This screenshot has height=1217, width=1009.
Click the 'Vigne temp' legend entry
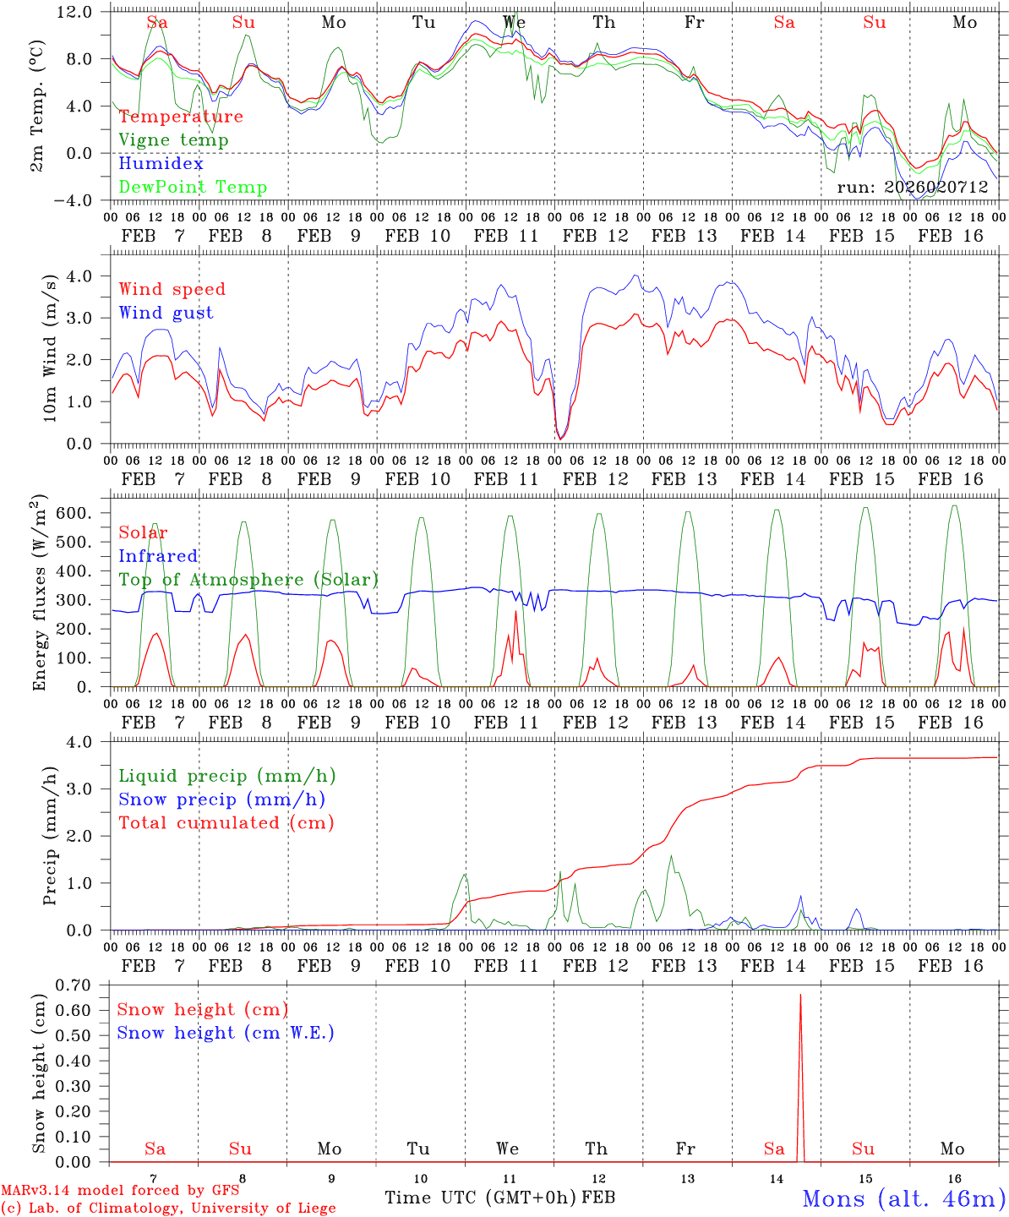point(173,140)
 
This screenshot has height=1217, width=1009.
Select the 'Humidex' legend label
point(161,164)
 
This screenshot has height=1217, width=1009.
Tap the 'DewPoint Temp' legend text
point(193,188)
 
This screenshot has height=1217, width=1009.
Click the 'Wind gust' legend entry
point(166,313)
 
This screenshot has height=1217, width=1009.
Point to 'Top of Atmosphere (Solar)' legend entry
point(248,580)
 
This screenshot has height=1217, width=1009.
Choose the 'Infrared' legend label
point(158,556)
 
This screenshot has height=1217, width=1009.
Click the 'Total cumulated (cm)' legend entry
point(226,823)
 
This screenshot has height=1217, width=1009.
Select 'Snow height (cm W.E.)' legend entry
point(226,1033)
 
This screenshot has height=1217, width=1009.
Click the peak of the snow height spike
point(800,995)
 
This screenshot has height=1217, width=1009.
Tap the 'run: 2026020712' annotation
point(913,188)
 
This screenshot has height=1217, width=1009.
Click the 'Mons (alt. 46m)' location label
point(903,1198)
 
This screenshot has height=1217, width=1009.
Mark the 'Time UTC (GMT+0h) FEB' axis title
point(499,1198)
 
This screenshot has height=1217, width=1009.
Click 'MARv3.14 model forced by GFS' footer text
point(120,1191)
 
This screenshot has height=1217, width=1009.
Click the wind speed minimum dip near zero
point(560,439)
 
